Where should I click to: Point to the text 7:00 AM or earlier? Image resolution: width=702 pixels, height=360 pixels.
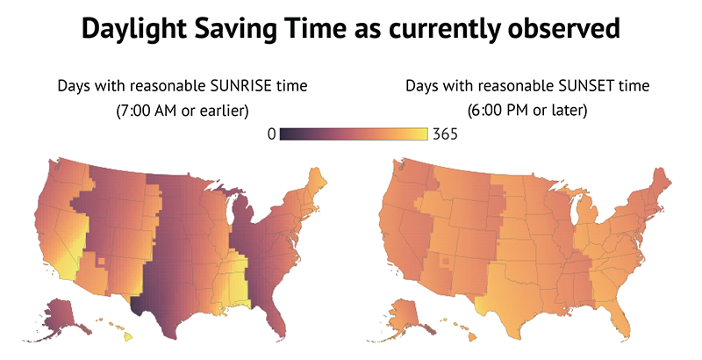[x=183, y=112]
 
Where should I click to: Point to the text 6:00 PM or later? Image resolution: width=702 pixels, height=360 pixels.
[x=527, y=112]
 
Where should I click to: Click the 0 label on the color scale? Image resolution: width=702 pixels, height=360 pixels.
[x=272, y=134]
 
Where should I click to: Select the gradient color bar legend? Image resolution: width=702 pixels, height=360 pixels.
[x=354, y=134]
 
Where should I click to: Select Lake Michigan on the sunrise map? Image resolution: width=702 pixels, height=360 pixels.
[x=231, y=215]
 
